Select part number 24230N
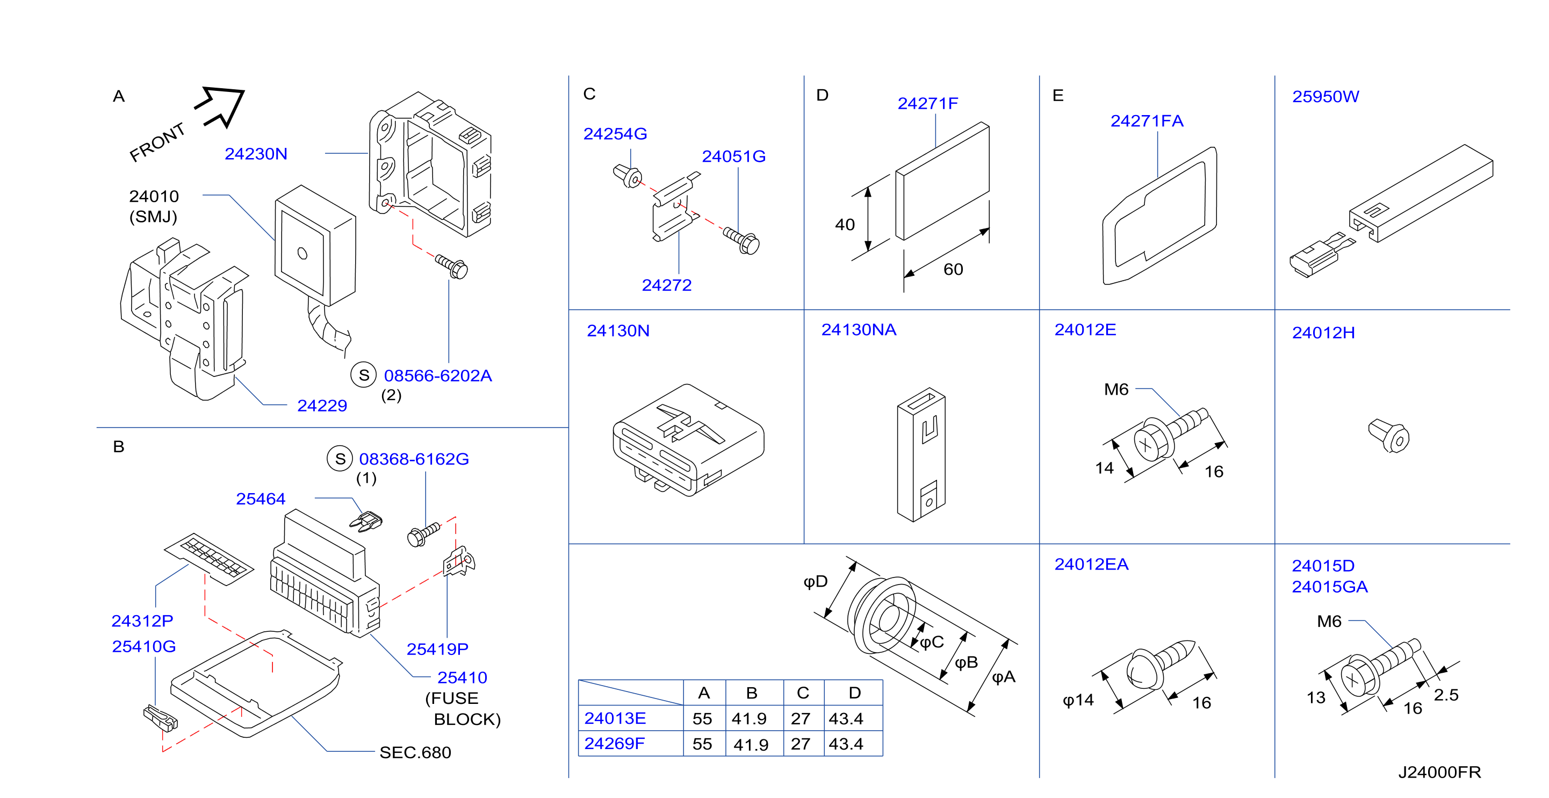tap(256, 154)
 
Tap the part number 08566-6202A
tap(438, 375)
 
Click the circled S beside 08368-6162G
tap(340, 459)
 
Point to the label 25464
tap(261, 499)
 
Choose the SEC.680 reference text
tap(415, 752)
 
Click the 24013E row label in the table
tap(615, 718)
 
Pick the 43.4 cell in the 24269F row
tap(846, 744)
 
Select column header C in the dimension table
tap(803, 693)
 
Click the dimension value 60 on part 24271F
tap(953, 269)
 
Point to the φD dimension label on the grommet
tap(816, 581)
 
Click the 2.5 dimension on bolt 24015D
tap(1446, 695)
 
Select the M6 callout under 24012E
tap(1116, 389)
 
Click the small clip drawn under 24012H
tap(1388, 436)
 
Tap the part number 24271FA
tap(1147, 121)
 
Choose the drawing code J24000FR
tap(1439, 772)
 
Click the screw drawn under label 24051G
tap(742, 240)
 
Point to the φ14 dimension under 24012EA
tap(1078, 700)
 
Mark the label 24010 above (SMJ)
tap(154, 196)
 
